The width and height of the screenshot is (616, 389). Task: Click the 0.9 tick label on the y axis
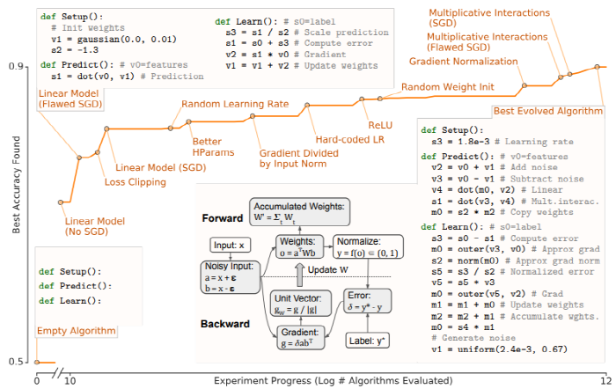15,66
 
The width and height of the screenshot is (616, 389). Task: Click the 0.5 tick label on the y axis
15,362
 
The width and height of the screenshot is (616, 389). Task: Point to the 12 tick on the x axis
606,380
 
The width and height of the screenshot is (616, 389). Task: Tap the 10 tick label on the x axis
70,380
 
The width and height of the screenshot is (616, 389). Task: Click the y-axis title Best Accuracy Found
16,185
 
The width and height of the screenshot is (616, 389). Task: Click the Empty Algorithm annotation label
77,331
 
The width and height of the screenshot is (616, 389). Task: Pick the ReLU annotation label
380,125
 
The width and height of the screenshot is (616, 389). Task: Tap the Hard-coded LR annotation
350,139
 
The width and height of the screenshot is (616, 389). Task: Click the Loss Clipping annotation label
136,182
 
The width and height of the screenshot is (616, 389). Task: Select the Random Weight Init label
447,87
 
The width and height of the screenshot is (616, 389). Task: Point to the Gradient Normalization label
464,62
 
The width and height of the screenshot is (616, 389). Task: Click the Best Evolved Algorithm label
548,111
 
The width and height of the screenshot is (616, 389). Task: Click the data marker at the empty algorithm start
37,362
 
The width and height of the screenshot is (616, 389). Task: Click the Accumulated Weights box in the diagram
299,211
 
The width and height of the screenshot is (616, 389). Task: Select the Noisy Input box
231,277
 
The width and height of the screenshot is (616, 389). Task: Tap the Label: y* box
367,341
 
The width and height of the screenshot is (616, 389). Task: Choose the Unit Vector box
301,304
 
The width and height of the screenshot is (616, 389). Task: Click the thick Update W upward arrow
300,275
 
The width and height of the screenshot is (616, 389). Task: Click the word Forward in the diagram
223,218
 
